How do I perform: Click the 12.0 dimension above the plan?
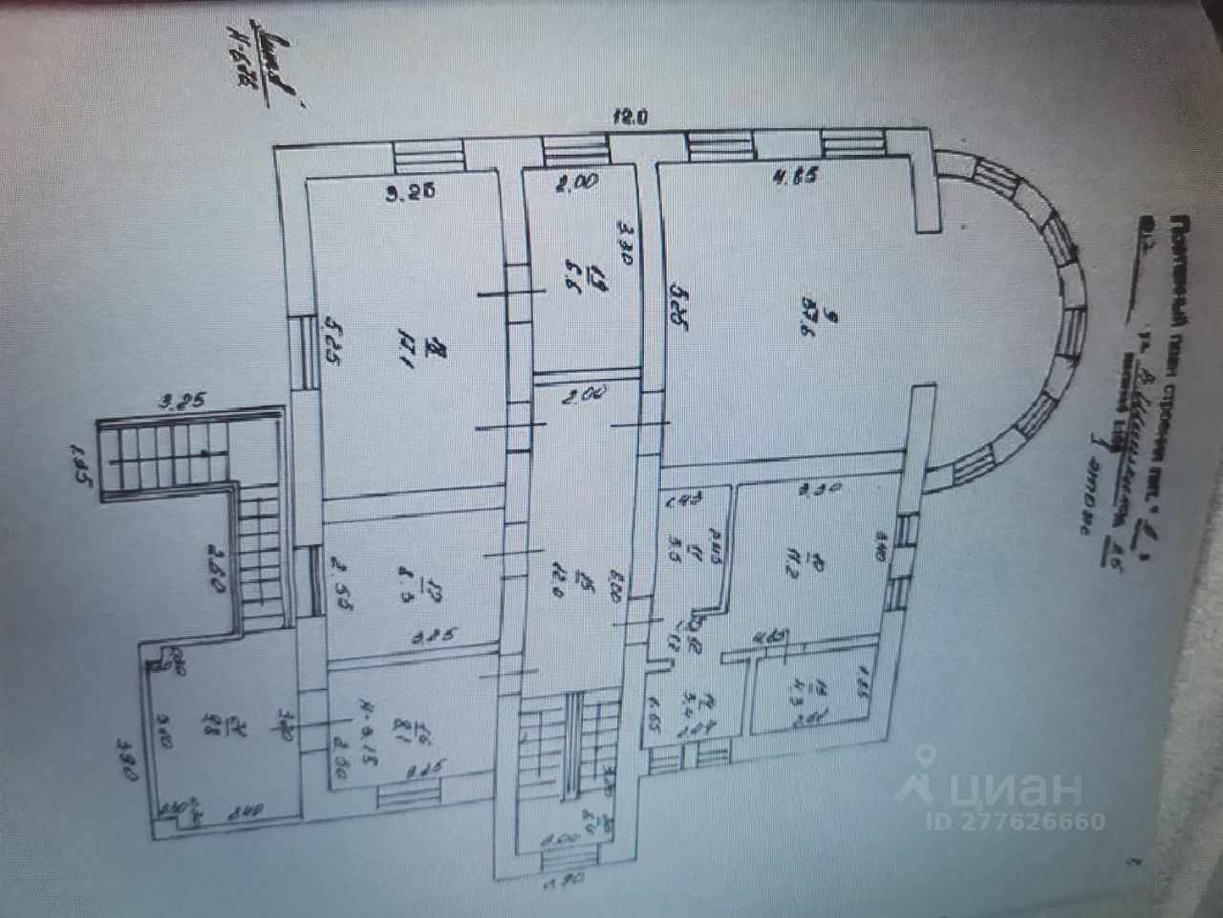(x=630, y=118)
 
